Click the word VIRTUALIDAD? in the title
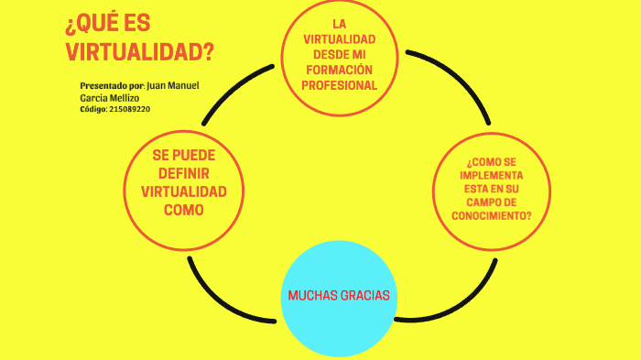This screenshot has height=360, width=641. click(x=140, y=51)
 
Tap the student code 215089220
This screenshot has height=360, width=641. click(x=129, y=109)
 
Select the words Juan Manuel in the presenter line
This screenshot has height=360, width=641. click(x=172, y=85)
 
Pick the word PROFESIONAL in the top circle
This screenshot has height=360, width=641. click(x=339, y=85)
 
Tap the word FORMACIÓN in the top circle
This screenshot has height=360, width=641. click(x=339, y=70)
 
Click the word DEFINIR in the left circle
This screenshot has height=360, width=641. click(x=183, y=173)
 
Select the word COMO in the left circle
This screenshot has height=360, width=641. click(x=183, y=210)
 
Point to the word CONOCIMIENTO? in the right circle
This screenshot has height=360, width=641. click(x=492, y=215)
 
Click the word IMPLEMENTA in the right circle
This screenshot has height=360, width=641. click(x=492, y=174)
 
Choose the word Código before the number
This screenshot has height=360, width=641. click(x=92, y=109)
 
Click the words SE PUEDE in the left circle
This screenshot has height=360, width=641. click(x=183, y=155)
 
